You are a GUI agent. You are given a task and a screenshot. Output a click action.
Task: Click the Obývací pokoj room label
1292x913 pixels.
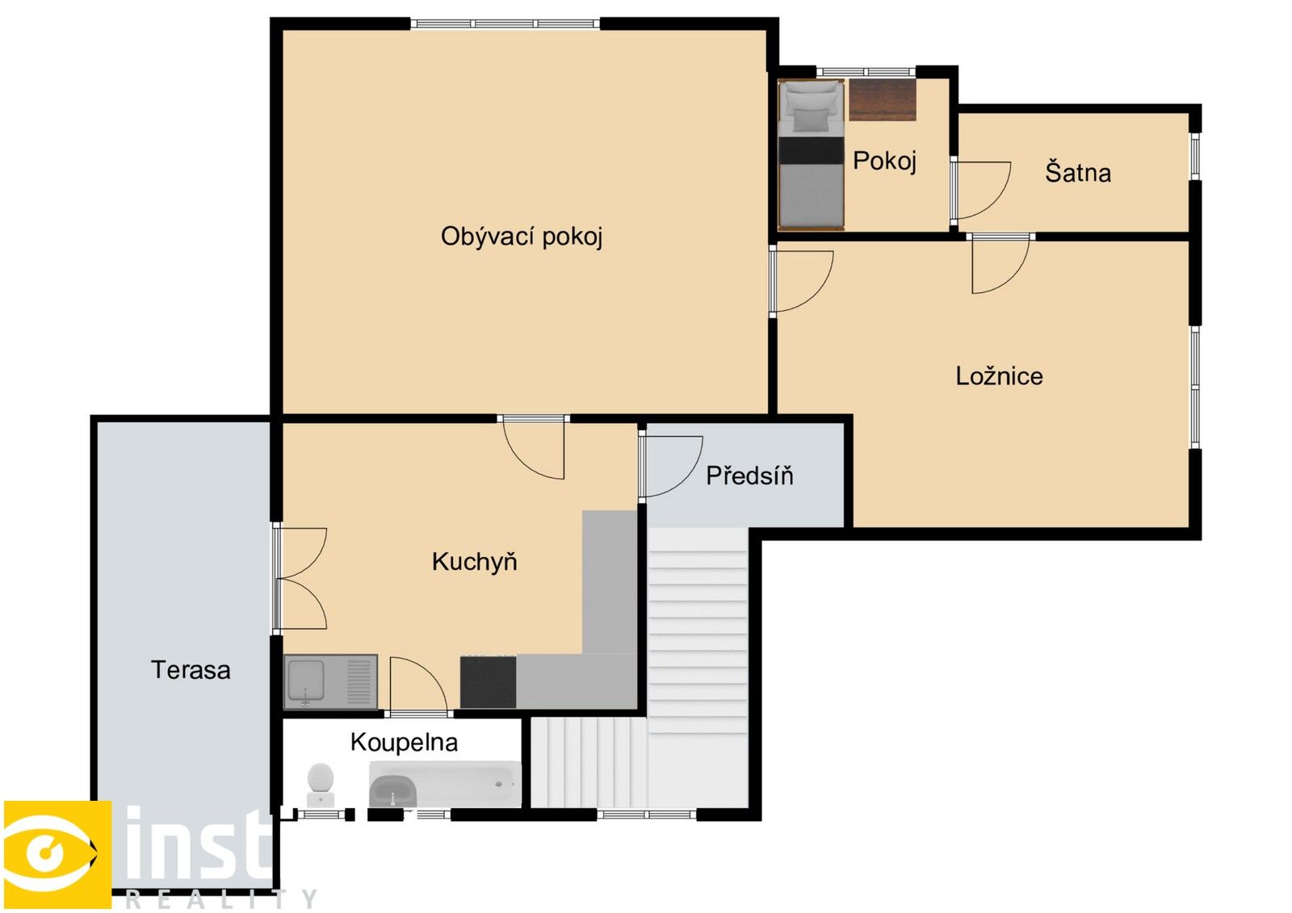[522, 237]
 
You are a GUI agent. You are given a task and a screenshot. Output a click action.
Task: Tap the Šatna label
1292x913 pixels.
[1078, 173]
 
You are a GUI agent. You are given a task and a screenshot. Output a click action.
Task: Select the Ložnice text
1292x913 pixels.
[999, 376]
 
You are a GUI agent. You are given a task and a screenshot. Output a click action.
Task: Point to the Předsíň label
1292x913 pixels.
[749, 476]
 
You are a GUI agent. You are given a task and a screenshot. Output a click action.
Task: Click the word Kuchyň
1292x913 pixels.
[474, 562]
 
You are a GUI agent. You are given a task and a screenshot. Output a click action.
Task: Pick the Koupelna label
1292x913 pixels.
[404, 743]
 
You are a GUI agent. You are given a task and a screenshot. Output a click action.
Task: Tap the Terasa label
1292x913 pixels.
[191, 670]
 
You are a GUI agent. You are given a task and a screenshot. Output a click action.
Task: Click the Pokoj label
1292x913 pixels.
[884, 161]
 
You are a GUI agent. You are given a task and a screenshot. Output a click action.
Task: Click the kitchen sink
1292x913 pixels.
[307, 681]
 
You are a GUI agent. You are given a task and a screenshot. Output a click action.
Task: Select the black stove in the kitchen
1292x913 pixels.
[488, 682]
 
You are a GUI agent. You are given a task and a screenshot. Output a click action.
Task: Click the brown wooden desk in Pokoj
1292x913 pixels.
[882, 100]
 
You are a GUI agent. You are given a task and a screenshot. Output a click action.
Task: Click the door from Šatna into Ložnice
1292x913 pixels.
[999, 264]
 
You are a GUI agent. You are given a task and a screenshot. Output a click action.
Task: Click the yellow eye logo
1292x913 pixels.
[57, 854]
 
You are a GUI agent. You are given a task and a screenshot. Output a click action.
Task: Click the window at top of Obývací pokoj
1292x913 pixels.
[505, 24]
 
